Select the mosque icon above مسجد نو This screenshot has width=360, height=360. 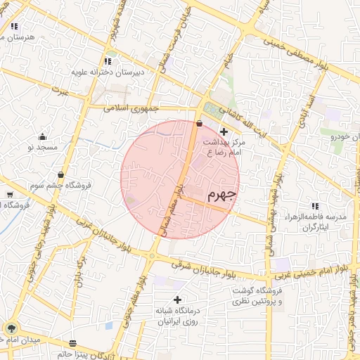point(42,136)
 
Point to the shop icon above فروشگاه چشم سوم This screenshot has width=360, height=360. point(61,175)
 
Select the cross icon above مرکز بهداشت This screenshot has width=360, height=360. point(224,131)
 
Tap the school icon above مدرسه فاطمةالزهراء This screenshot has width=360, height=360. point(314,207)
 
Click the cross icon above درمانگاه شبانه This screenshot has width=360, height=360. point(177,300)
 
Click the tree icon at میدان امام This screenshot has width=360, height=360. point(11,328)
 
